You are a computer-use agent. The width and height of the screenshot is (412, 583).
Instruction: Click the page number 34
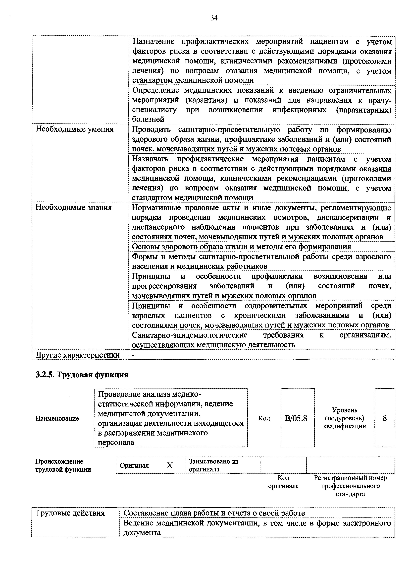point(214,18)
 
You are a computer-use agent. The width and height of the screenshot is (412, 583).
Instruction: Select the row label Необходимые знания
point(74,207)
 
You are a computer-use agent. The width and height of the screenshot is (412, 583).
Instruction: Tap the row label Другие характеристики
point(77,355)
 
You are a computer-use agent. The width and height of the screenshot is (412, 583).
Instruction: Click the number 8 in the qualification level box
point(385,418)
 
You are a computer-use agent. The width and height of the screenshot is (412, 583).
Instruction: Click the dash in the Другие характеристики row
point(134,355)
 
